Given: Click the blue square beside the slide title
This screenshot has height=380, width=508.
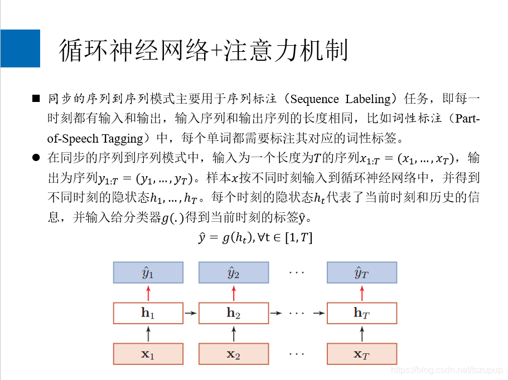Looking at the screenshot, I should coord(20,48).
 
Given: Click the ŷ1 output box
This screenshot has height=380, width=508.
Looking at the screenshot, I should coord(148,272).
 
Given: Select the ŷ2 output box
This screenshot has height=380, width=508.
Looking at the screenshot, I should coord(234,272).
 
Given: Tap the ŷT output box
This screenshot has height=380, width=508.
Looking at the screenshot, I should coord(362,272).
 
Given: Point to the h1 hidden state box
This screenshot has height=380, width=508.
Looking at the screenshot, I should coord(148,313).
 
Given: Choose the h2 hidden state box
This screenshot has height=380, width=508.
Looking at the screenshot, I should coord(234,313).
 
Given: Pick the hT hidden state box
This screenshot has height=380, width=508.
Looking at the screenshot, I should coord(362,313).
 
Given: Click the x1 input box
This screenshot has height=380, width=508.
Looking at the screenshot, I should coord(148,354).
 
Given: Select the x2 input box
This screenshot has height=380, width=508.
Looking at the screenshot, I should coord(234,354).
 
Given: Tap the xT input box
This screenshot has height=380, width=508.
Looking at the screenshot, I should coord(362,354).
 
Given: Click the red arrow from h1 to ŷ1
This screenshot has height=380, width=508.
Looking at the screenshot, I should coord(148,293).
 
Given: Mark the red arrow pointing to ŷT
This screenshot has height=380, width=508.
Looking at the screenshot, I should coord(362,293).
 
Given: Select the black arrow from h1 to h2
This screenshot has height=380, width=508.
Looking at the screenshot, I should coord(191,313).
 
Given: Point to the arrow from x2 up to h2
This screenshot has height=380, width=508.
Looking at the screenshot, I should coord(234,334).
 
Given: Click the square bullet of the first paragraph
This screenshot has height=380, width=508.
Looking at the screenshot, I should coord(36,99).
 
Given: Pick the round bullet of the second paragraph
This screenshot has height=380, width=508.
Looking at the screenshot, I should coord(36,158).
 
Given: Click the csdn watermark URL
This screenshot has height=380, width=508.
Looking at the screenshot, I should coord(447,370).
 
